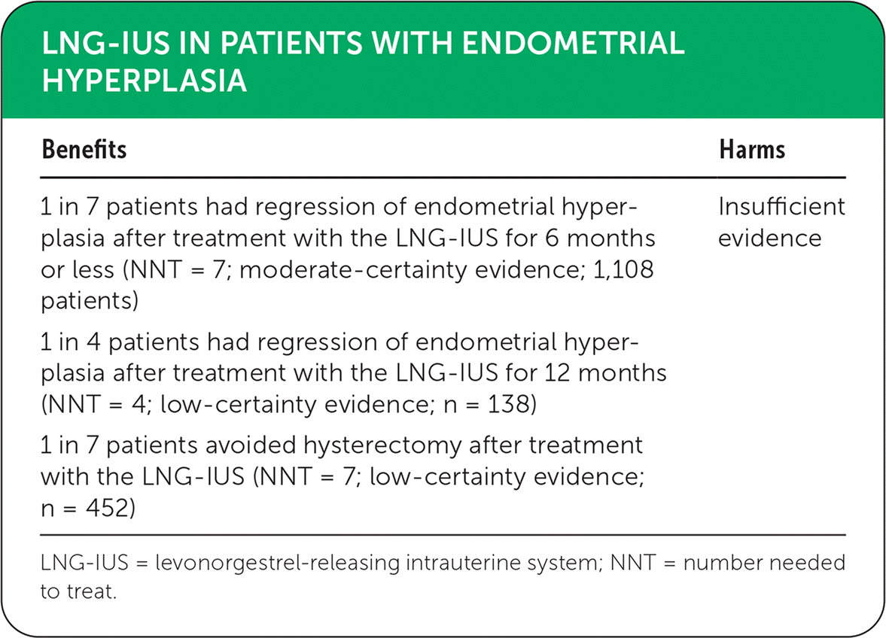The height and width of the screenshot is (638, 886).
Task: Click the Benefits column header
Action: tap(84, 149)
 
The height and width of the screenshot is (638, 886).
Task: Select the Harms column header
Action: tap(752, 149)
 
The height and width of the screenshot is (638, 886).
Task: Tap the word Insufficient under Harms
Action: tap(781, 207)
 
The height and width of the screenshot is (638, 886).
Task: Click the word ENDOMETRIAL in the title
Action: tap(573, 43)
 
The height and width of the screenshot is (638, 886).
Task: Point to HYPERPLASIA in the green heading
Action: tap(144, 81)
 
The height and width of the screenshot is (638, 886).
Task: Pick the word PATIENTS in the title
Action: tap(291, 43)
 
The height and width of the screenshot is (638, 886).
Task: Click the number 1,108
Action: tap(623, 269)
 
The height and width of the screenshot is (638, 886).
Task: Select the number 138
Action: tap(508, 404)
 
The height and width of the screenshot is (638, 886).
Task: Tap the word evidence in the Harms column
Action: tap(769, 238)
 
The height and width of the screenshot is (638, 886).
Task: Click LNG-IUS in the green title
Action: tap(105, 43)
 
